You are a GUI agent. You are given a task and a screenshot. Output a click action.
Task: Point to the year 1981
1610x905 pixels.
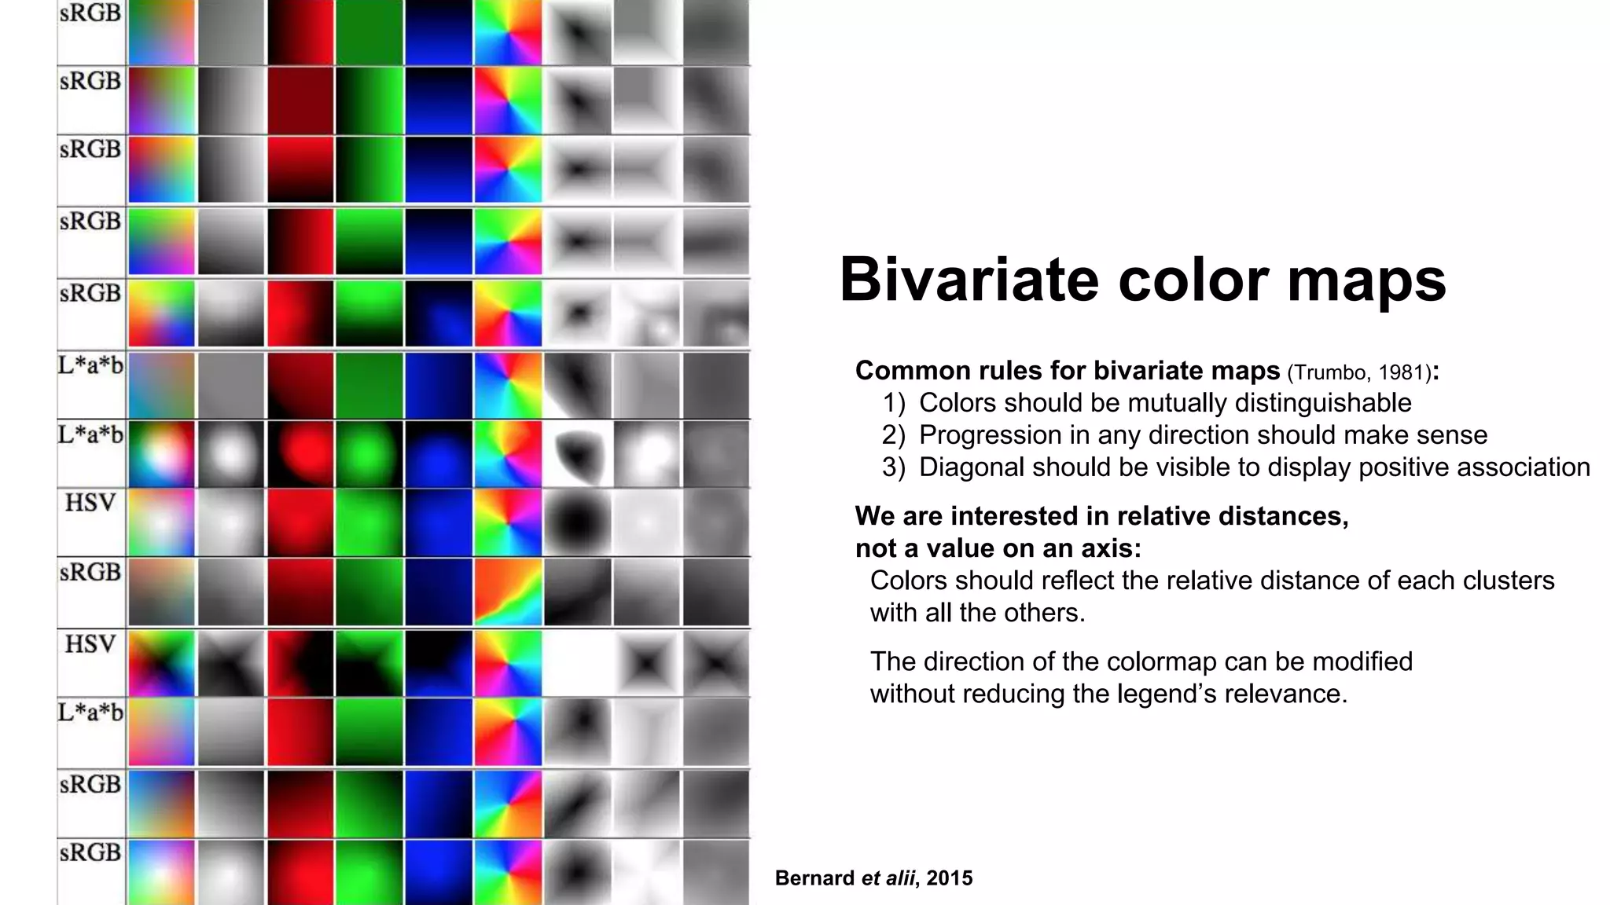click(x=1401, y=372)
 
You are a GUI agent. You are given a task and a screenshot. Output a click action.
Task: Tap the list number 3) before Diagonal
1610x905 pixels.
click(x=893, y=467)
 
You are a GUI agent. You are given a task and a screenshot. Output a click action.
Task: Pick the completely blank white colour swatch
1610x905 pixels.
click(x=577, y=663)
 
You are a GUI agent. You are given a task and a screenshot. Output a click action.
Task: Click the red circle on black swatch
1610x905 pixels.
click(x=300, y=453)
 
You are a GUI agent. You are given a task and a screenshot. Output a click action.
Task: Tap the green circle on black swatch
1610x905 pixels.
click(x=369, y=453)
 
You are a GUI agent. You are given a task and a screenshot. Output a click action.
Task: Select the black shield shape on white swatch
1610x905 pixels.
click(x=577, y=453)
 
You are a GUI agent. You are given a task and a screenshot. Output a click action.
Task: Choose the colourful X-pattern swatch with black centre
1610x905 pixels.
click(x=161, y=663)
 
